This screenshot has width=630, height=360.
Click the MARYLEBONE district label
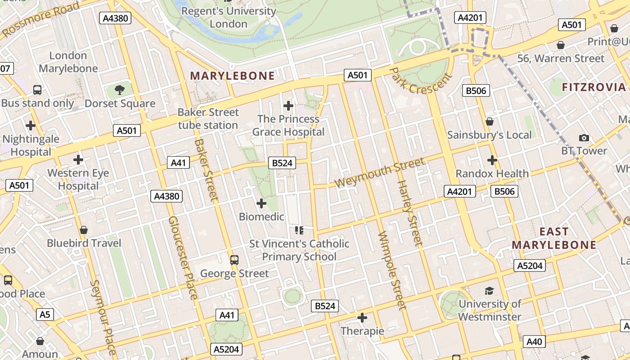[x=232, y=76]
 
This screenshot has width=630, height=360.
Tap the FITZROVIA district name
[x=594, y=87]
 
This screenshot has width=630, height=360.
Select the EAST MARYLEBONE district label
[x=554, y=238]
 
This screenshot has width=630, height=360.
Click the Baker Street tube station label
[x=208, y=119]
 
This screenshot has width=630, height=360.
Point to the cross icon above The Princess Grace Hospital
[x=288, y=106]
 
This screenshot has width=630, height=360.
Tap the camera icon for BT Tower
[x=584, y=138]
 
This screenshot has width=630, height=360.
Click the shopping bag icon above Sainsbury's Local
[x=490, y=122]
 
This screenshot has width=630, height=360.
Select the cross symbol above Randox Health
[x=492, y=160]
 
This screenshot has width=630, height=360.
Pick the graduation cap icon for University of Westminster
[x=489, y=291]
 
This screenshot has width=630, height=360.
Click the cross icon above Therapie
[x=362, y=318]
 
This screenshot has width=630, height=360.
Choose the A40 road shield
[x=534, y=342]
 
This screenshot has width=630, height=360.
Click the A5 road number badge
[x=45, y=314]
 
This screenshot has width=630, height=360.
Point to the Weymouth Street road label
[x=380, y=173]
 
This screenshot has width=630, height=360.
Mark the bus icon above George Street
[x=234, y=260]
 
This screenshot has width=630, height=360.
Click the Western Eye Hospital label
[x=78, y=179]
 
